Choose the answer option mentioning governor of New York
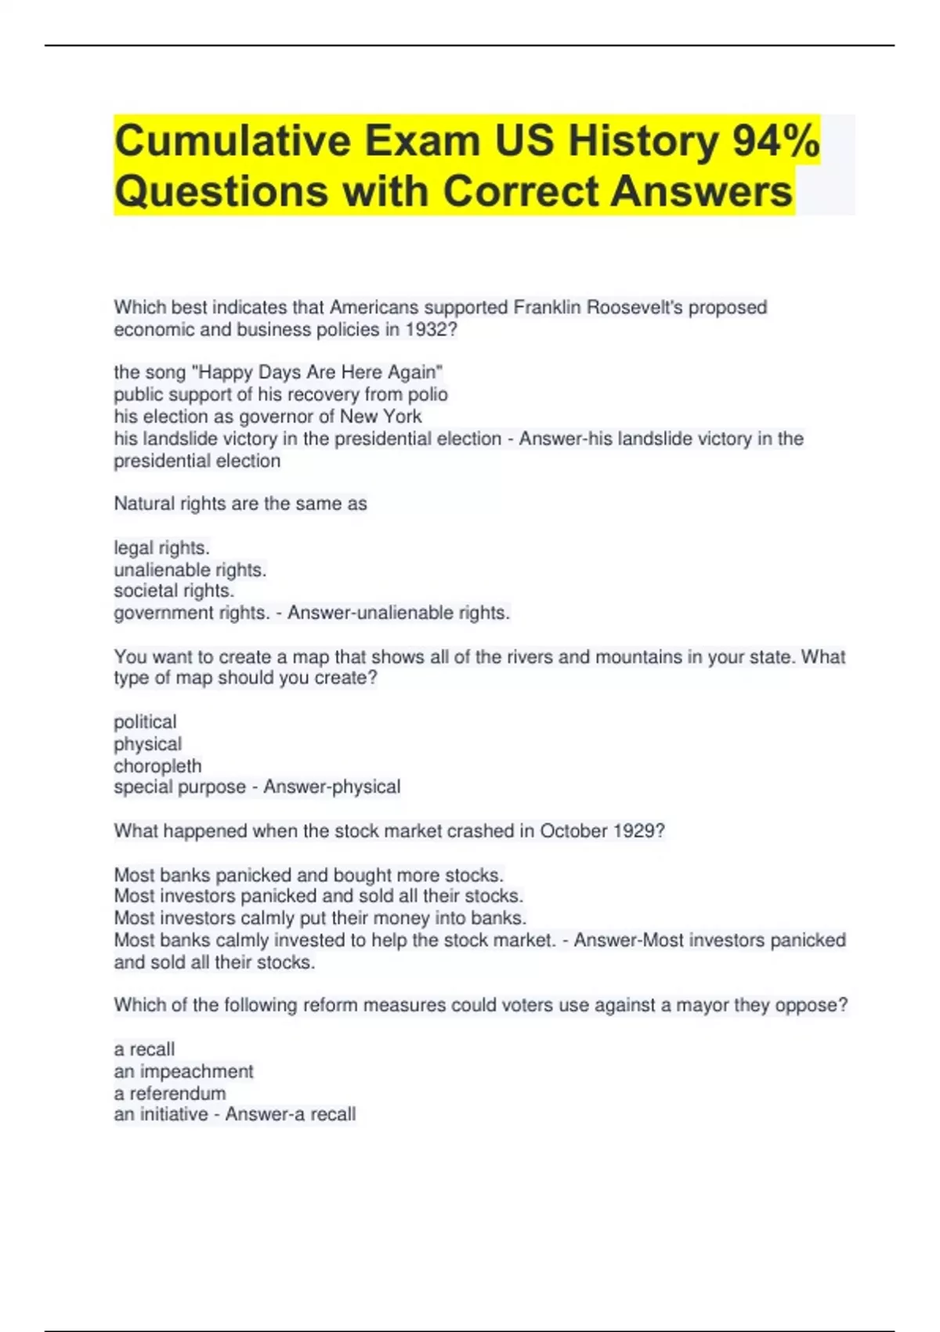267,416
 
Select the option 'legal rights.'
161,548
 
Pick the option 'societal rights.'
174,591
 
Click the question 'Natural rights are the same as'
240,504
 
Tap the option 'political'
145,722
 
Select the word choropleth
157,766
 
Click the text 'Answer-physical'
331,787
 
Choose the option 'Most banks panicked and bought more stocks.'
309,875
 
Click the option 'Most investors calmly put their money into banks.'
320,918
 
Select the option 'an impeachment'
183,1071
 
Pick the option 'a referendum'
170,1093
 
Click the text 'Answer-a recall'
291,1114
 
